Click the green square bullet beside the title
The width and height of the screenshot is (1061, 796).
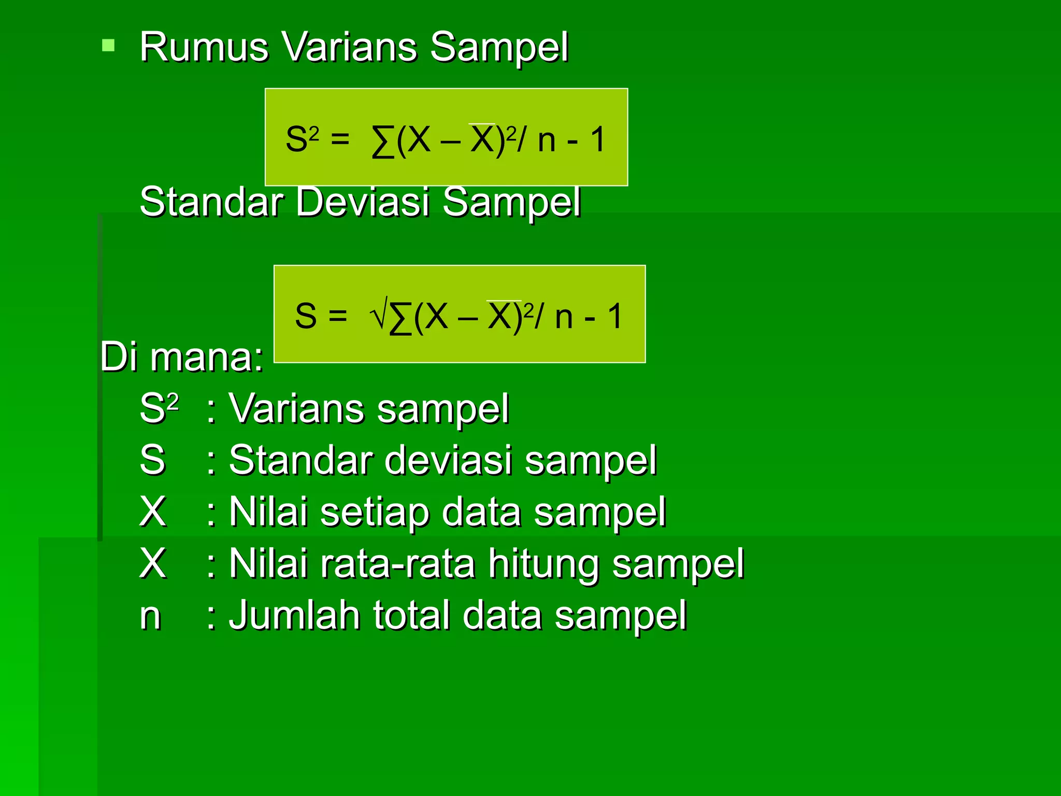point(108,46)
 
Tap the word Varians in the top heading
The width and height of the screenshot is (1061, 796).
point(350,47)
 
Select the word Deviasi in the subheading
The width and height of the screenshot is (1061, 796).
point(363,202)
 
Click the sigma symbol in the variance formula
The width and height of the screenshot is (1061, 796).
point(382,141)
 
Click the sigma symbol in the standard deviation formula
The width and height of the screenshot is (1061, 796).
point(400,317)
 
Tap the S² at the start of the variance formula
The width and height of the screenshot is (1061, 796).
point(302,139)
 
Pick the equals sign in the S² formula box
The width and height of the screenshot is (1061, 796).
point(340,139)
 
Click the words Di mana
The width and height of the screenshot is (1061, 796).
point(181,357)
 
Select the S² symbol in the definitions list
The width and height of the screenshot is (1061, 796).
point(159,408)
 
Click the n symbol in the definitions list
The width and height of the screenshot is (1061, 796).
point(150,616)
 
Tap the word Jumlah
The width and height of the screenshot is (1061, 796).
point(294,615)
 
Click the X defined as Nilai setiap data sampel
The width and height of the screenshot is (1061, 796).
point(153,512)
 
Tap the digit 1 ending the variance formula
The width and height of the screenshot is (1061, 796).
point(598,139)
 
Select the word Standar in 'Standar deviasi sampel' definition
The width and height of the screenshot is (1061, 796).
point(300,460)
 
